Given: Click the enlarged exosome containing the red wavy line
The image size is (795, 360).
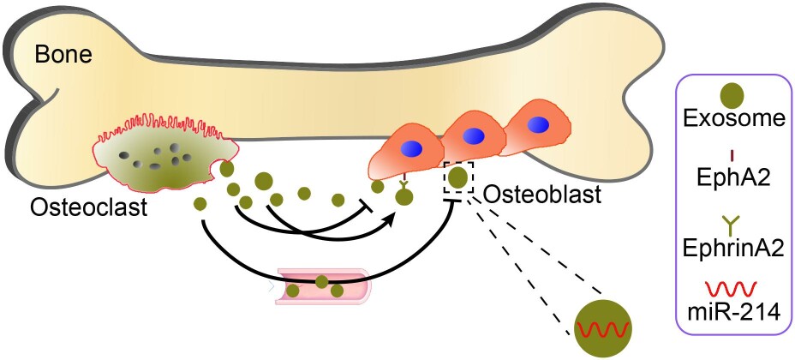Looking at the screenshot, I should [603, 328].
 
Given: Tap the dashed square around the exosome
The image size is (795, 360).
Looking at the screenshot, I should [458, 177].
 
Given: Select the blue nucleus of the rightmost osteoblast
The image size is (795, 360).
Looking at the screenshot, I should [539, 125].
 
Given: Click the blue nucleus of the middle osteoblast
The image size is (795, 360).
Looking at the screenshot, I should [474, 136].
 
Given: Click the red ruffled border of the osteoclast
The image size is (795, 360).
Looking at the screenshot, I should [163, 134].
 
